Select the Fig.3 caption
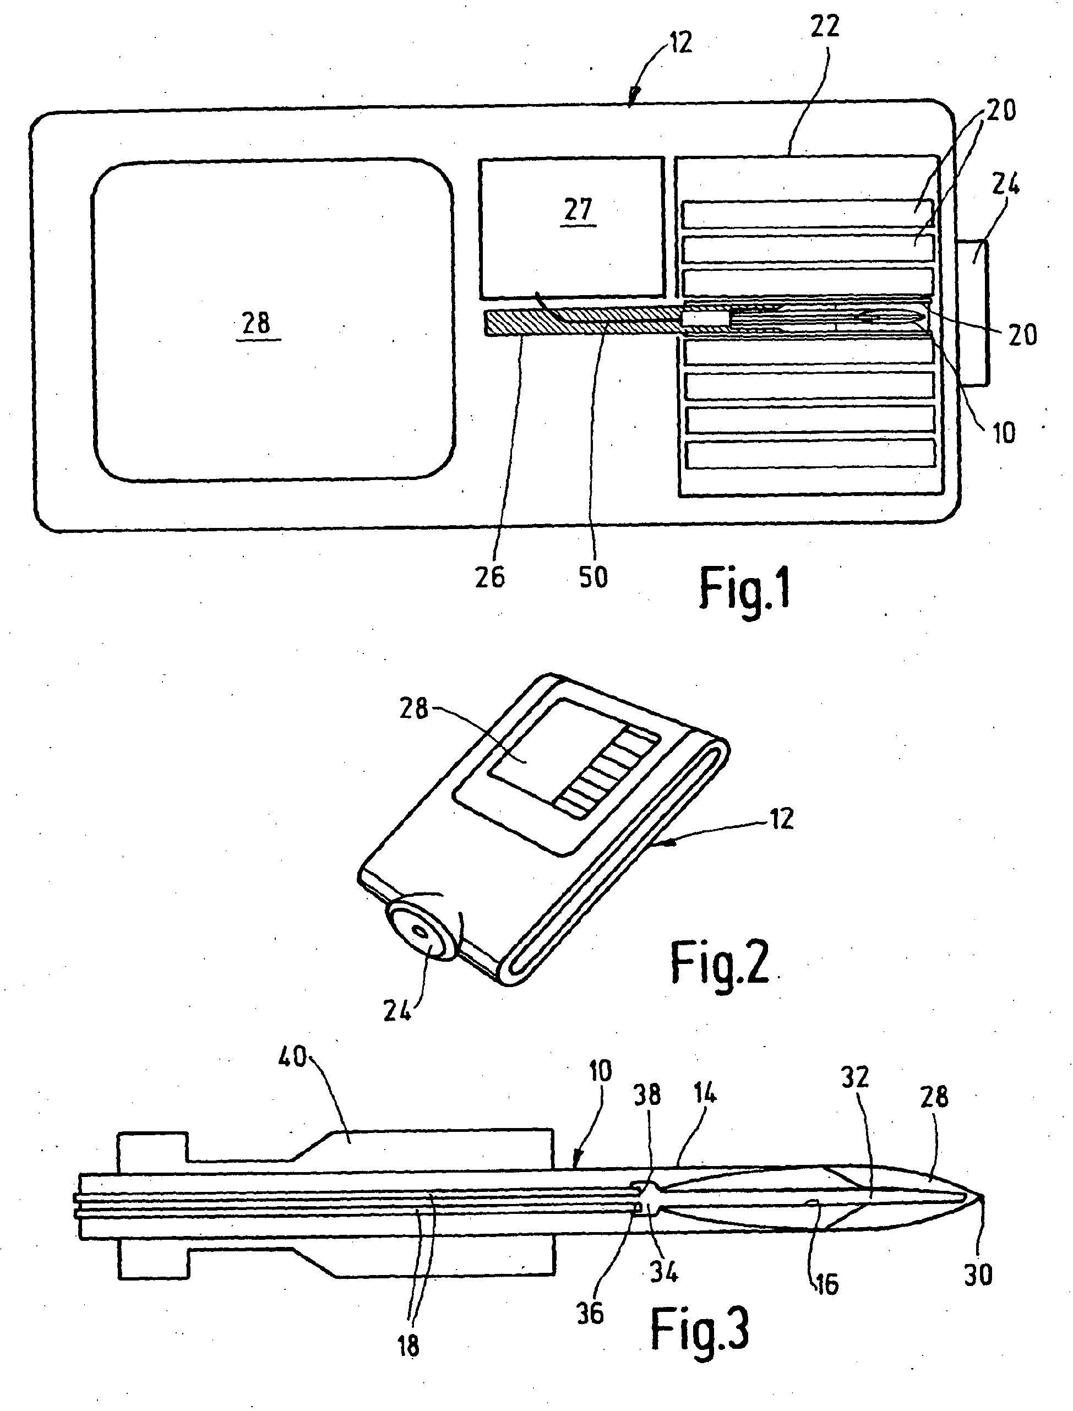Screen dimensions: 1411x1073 click(x=699, y=1328)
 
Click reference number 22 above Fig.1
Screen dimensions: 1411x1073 click(x=824, y=28)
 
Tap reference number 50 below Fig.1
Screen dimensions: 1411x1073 click(x=593, y=578)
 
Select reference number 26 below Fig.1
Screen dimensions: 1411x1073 click(x=490, y=578)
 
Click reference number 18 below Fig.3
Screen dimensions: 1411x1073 click(x=408, y=1346)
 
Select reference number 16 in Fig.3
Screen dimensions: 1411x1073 click(x=826, y=1284)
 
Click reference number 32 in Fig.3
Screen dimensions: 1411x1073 click(x=855, y=1078)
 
